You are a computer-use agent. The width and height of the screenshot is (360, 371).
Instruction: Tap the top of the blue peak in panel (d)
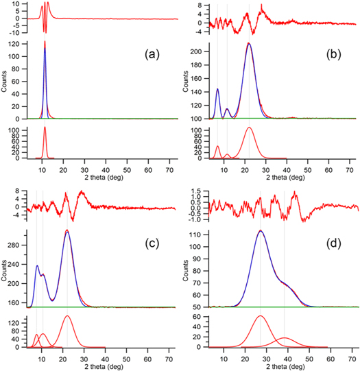(x=260, y=230)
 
